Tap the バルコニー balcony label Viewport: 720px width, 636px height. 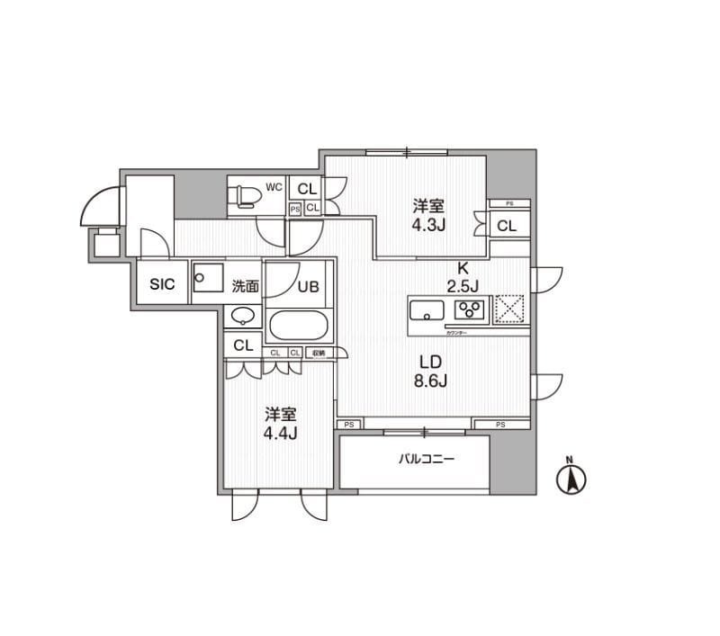(x=427, y=459)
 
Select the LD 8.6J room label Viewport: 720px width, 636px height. (x=431, y=370)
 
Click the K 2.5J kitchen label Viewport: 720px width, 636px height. (x=462, y=276)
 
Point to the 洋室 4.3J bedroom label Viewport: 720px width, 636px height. (x=428, y=214)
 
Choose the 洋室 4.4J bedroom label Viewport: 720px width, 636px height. (x=281, y=424)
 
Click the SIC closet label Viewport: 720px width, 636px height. (x=162, y=285)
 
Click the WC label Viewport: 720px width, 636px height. (x=274, y=188)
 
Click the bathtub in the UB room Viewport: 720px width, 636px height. (x=301, y=325)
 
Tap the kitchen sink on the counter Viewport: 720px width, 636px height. (x=427, y=311)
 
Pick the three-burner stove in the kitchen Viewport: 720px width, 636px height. (x=470, y=310)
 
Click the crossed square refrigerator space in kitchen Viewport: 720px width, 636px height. (x=510, y=309)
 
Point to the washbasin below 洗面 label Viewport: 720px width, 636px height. (x=242, y=316)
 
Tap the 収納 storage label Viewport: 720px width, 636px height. (x=319, y=353)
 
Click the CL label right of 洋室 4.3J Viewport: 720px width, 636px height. (x=507, y=226)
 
